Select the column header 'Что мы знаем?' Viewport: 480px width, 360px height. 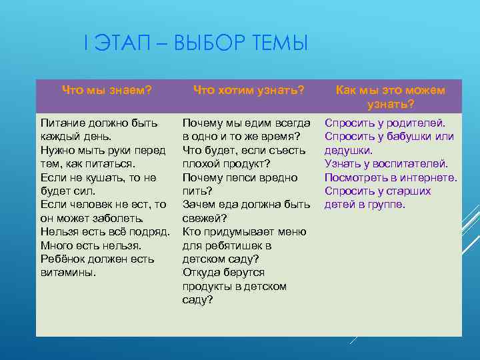[107, 90]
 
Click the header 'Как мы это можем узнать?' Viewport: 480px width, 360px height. [390, 97]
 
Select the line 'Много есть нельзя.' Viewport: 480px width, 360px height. [87, 245]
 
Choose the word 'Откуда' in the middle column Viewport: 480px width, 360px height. [201, 272]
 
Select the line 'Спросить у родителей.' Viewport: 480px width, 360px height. [385, 123]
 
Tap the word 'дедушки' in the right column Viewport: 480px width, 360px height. [347, 151]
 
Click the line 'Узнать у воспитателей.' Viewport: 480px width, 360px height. [386, 164]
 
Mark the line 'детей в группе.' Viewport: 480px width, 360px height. [364, 205]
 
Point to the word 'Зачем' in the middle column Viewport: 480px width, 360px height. [199, 205]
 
